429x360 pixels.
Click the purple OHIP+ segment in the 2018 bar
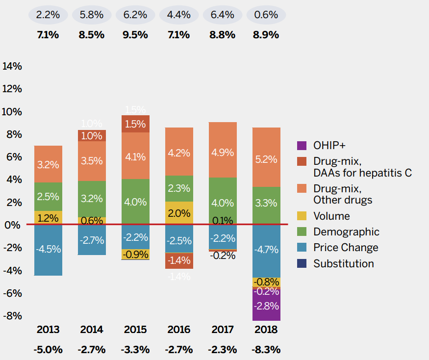(266, 305)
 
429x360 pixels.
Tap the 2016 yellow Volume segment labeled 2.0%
(179, 213)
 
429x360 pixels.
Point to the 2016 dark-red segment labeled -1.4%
(179, 260)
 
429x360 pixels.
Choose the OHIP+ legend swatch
(302, 146)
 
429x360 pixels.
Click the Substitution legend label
(343, 263)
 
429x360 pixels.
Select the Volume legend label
(331, 216)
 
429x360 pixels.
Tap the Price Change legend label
(346, 248)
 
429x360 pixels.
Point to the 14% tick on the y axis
(12, 66)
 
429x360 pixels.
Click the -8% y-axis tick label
(12, 315)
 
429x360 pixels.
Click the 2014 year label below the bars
(92, 329)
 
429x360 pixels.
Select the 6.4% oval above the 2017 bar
(223, 15)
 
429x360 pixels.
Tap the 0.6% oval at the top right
(266, 15)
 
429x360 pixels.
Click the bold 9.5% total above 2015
(135, 35)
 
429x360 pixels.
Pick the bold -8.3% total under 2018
(266, 350)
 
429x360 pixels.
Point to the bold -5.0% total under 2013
(48, 350)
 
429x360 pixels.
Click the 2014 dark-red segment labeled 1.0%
(92, 136)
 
